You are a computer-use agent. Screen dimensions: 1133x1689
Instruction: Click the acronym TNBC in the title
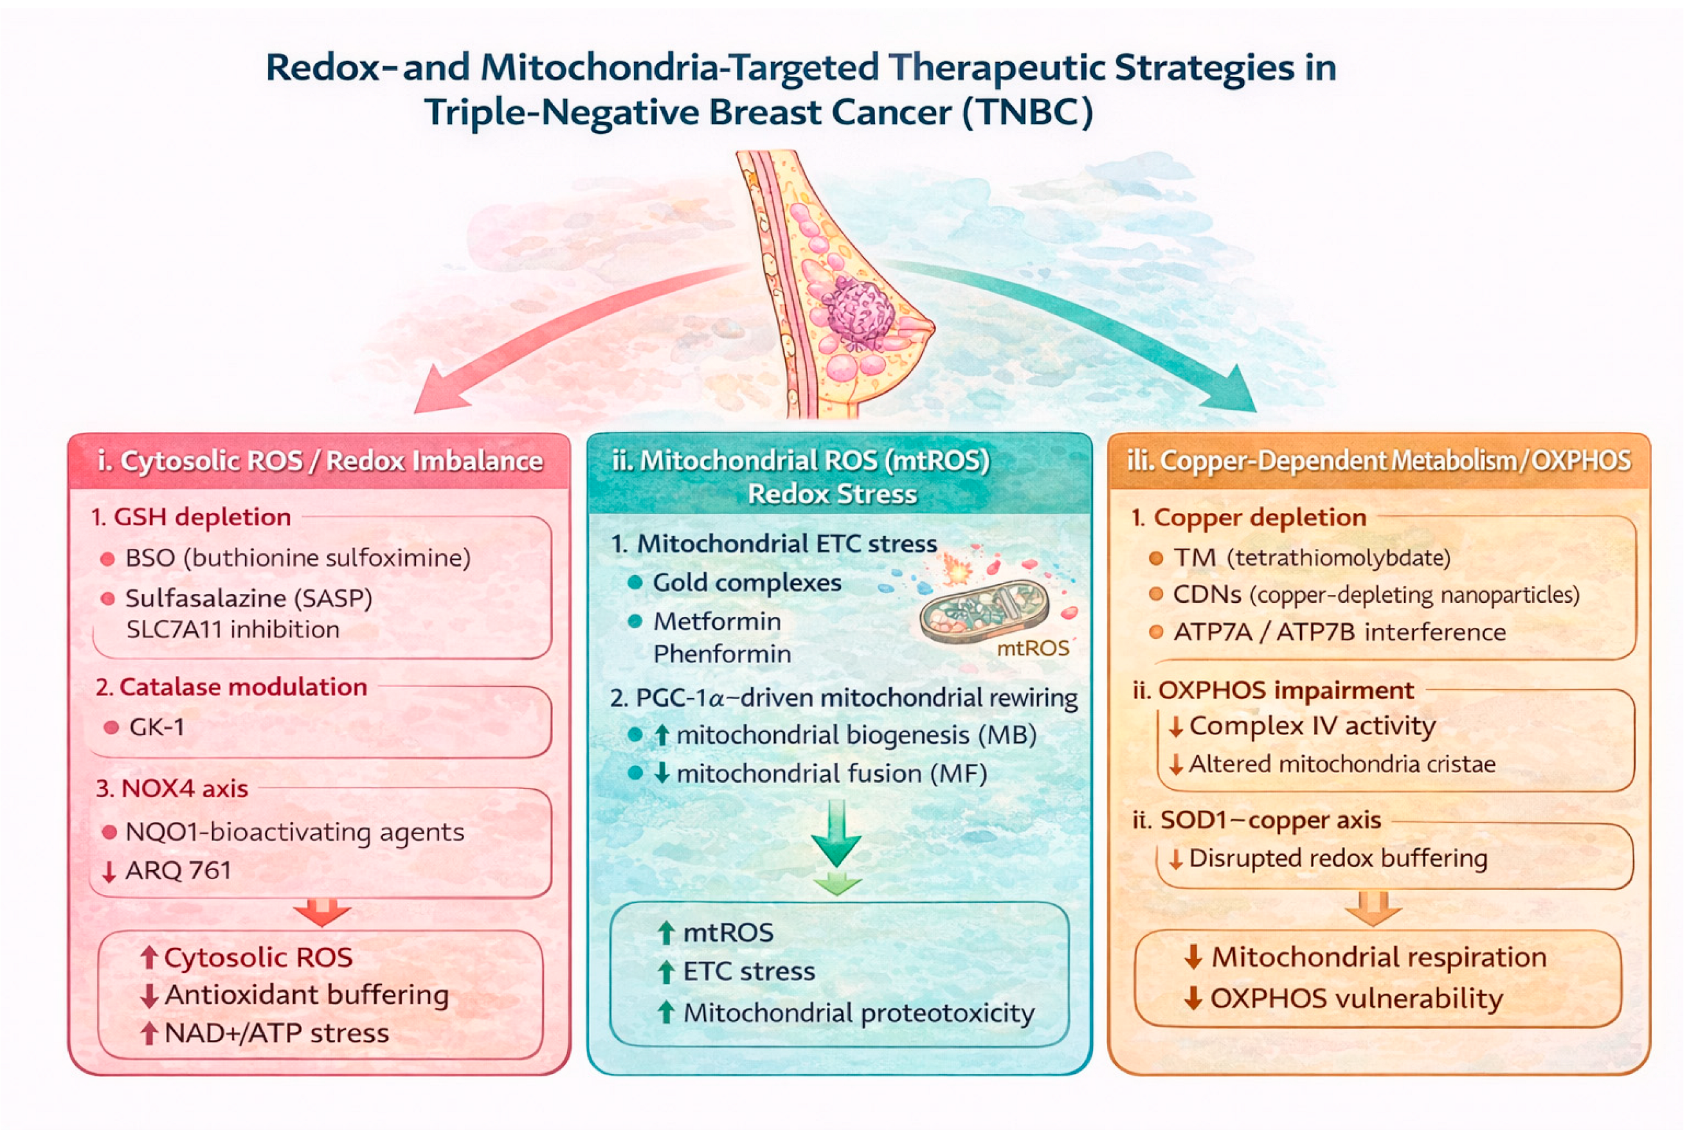(1027, 112)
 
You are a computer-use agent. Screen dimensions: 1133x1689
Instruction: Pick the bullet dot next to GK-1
(111, 727)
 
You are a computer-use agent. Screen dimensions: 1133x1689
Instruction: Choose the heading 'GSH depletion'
(202, 517)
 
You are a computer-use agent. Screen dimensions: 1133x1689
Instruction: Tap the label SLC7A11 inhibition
(232, 629)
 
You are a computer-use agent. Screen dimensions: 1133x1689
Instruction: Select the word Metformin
(716, 621)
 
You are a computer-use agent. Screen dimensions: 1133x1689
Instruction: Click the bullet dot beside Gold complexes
(635, 583)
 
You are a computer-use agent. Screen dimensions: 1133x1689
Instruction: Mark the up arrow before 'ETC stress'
(665, 972)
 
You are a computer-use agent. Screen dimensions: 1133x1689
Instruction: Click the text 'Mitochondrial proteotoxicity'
(858, 1013)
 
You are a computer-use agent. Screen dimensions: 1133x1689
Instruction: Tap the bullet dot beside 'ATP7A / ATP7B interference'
(1155, 632)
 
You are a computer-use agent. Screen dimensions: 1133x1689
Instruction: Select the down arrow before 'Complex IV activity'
(1175, 727)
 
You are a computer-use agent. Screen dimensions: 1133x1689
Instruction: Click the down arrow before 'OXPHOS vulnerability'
(1193, 999)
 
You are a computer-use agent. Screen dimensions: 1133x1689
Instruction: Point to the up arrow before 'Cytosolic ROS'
(149, 958)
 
